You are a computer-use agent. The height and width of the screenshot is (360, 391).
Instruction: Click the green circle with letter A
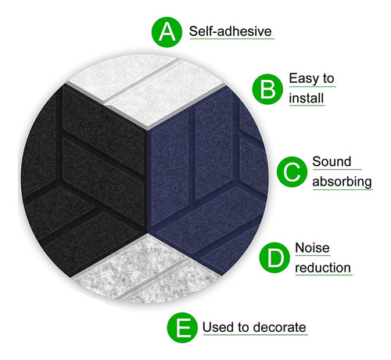pyautogui.click(x=167, y=32)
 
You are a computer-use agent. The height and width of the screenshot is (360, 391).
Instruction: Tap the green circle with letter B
pyautogui.click(x=267, y=89)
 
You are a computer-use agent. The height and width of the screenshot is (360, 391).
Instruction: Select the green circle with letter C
pyautogui.click(x=292, y=172)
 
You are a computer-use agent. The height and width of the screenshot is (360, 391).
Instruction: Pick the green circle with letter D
pyautogui.click(x=274, y=257)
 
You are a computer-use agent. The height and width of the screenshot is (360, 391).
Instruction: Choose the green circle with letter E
pyautogui.click(x=182, y=327)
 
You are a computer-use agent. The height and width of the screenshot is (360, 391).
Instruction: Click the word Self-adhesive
pyautogui.click(x=231, y=31)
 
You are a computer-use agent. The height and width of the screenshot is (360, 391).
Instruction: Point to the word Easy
pyautogui.click(x=304, y=79)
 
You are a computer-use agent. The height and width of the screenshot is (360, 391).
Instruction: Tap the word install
pyautogui.click(x=307, y=99)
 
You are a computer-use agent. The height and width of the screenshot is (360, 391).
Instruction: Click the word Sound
pyautogui.click(x=332, y=161)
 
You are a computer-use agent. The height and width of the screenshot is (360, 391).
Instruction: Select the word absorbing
pyautogui.click(x=342, y=182)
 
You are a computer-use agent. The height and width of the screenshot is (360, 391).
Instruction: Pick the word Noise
pyautogui.click(x=312, y=247)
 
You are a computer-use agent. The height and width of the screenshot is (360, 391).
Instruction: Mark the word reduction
pyautogui.click(x=323, y=268)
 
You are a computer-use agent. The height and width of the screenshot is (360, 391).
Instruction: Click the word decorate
pyautogui.click(x=279, y=327)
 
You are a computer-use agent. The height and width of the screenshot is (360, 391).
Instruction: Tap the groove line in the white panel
pyautogui.click(x=142, y=81)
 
